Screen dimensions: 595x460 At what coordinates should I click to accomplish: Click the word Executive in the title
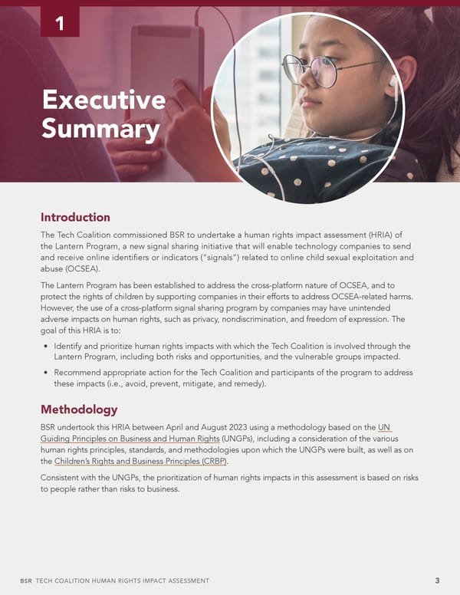click(103, 100)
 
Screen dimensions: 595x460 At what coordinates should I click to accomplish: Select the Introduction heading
click(75, 217)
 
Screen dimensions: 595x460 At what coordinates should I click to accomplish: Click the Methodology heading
click(79, 409)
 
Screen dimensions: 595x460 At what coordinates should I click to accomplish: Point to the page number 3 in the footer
click(437, 580)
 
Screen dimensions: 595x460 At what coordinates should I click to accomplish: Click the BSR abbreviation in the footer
click(26, 581)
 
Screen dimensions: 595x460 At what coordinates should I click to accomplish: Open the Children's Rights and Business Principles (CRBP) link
click(141, 462)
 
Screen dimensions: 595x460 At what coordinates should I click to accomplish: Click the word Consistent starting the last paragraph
click(65, 478)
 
